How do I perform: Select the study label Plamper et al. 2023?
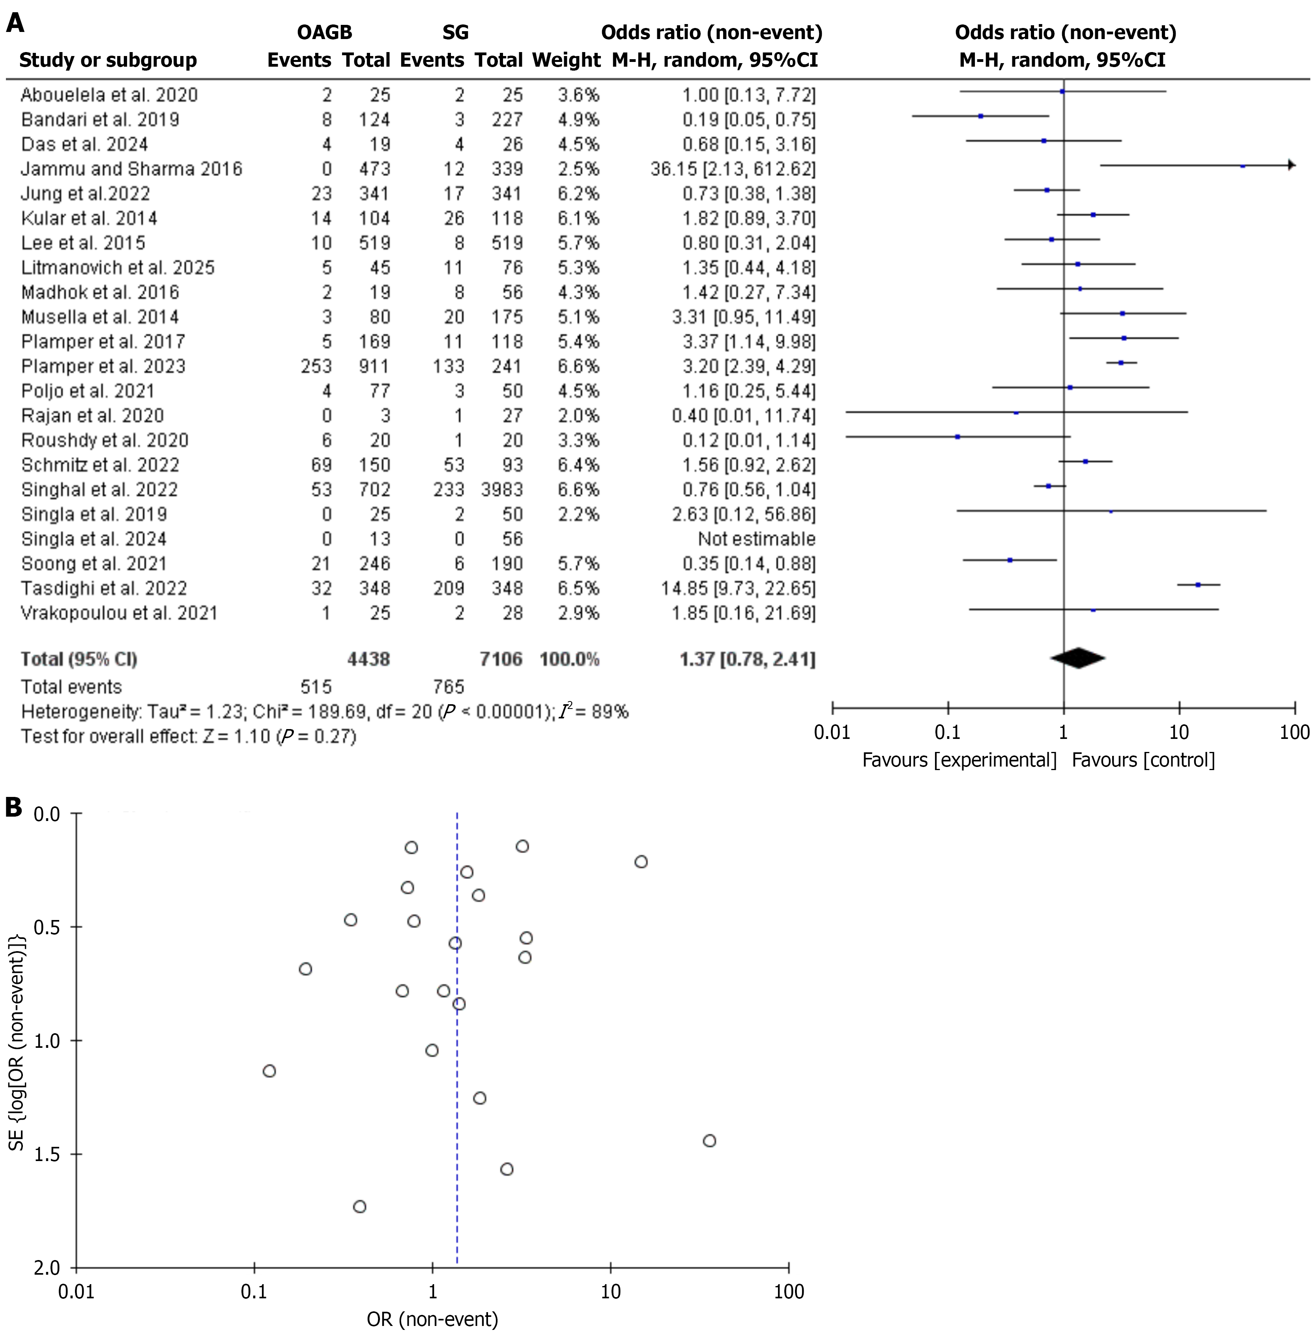coord(103,366)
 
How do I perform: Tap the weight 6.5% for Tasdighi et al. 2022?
coord(578,589)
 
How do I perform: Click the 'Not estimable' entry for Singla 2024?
coord(756,539)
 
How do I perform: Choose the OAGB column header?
coord(324,32)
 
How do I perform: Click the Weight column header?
coord(566,61)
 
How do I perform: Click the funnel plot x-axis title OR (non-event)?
coord(432,1319)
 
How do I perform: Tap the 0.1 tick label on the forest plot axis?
coord(948,732)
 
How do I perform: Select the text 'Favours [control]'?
coord(1143,760)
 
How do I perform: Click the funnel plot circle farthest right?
coord(709,1141)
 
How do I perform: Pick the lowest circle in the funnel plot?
coord(359,1206)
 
